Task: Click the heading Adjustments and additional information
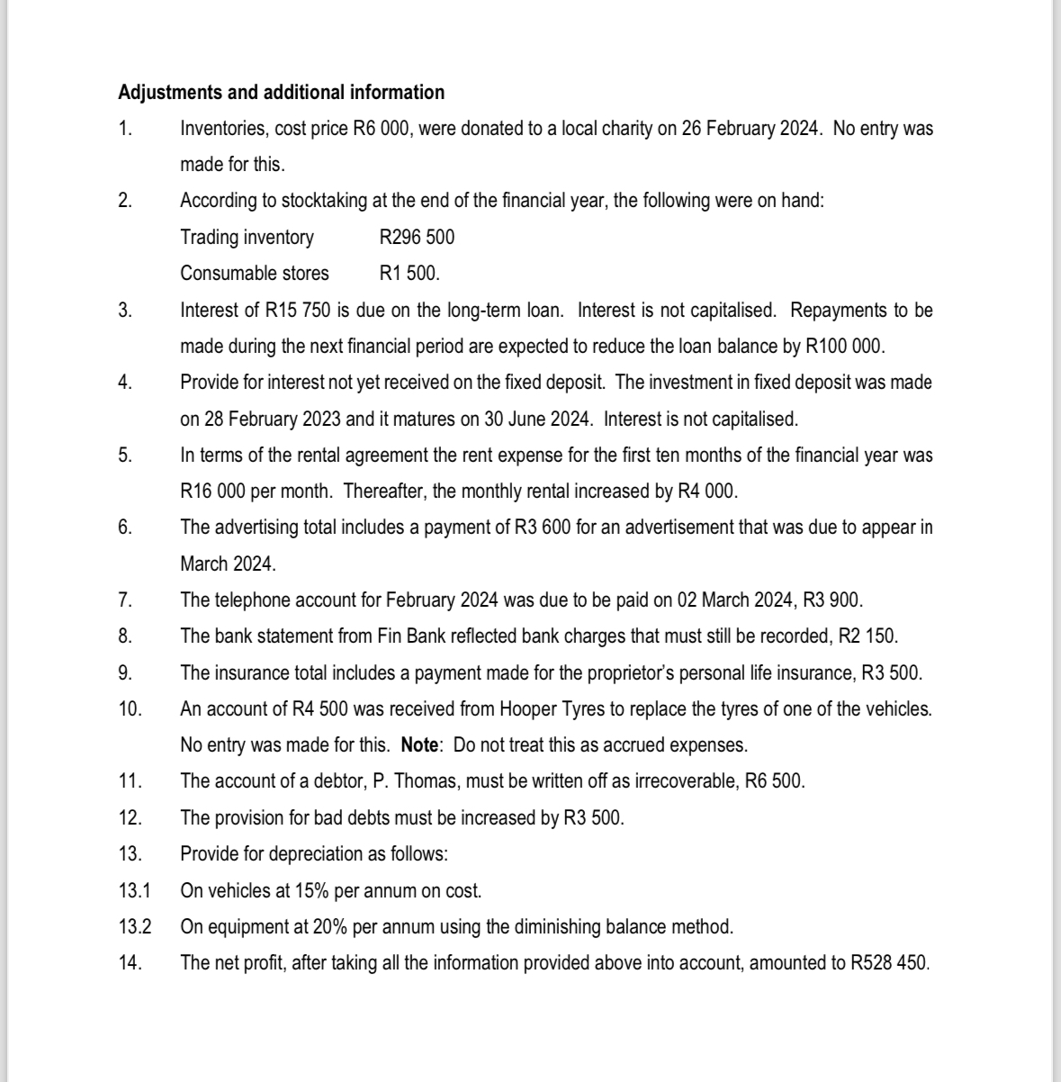point(281,93)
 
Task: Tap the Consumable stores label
point(255,274)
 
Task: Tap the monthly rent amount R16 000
point(212,491)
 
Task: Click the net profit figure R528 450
point(888,963)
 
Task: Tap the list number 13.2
point(134,926)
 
